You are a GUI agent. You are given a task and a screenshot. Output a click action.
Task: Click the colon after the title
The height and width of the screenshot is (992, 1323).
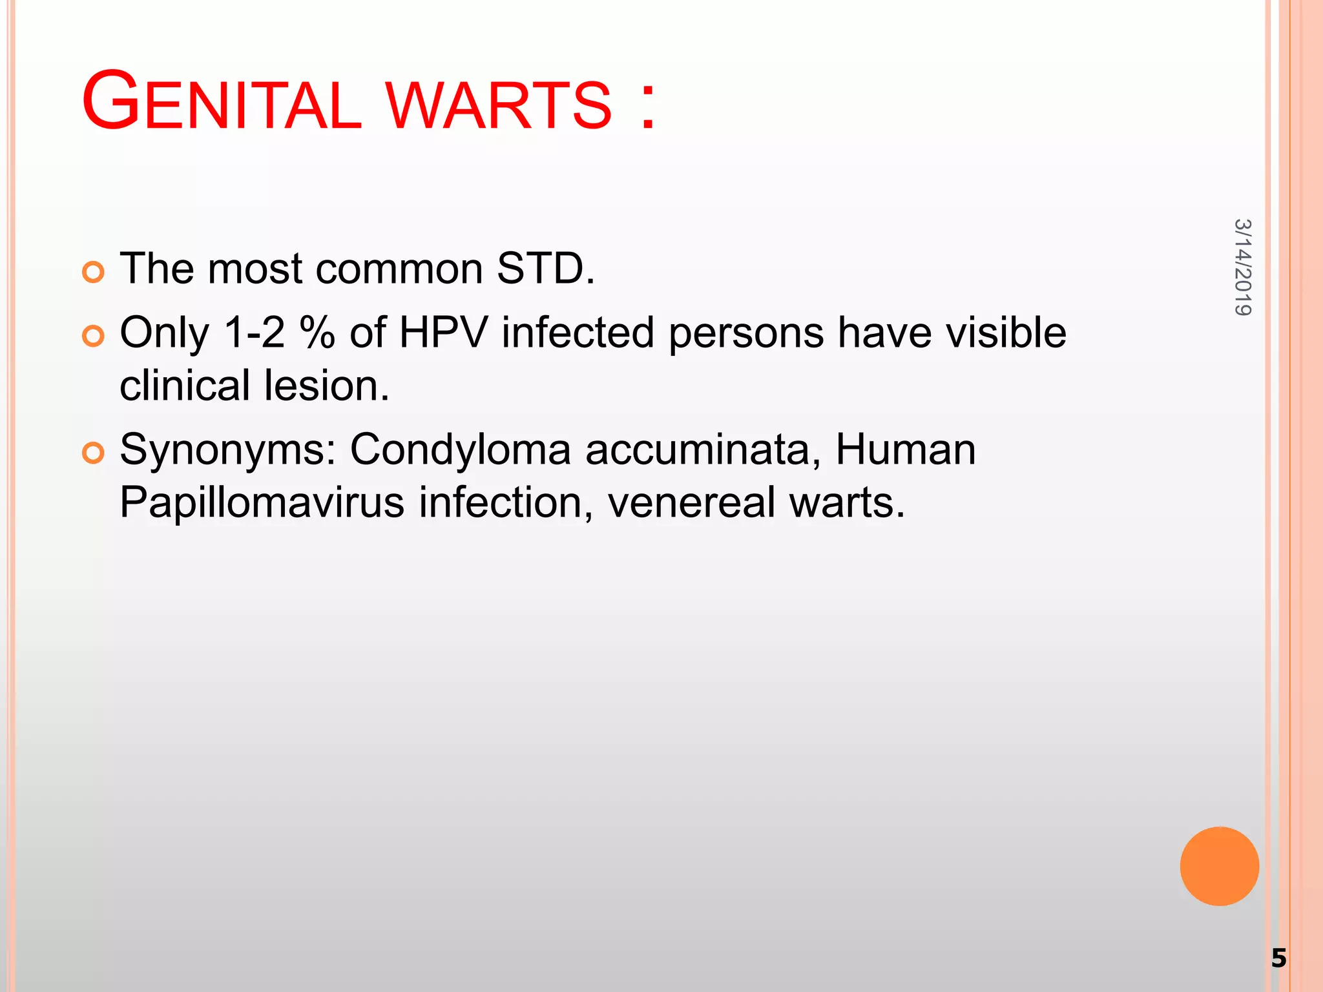pos(648,103)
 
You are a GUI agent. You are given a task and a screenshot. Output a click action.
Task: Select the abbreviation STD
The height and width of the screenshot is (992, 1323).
pos(545,268)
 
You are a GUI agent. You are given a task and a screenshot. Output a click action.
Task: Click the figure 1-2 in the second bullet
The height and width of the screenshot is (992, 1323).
pos(254,333)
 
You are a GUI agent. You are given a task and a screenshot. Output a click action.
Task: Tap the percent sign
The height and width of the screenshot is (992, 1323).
pos(317,333)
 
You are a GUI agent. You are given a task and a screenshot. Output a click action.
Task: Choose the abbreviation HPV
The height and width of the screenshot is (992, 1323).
pos(443,333)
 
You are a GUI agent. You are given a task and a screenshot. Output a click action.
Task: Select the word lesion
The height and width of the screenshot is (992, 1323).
pos(327,386)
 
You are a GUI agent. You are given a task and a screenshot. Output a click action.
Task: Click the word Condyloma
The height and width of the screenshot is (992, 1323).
pos(460,449)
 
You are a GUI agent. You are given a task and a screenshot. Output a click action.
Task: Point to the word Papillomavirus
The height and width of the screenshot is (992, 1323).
pos(262,502)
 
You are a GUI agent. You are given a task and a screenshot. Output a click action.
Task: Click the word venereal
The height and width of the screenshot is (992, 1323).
pos(691,502)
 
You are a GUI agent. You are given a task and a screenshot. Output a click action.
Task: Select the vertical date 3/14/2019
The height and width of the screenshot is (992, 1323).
pos(1243,267)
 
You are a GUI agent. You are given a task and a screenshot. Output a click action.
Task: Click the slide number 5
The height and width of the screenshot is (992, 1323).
pos(1278,958)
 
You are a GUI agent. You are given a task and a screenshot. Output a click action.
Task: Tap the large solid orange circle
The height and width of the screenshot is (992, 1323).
pos(1219,866)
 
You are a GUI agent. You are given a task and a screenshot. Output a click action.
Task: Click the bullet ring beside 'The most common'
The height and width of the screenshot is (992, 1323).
pos(94,273)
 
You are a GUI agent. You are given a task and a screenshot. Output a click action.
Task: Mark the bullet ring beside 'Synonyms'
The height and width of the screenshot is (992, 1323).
pos(94,453)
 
